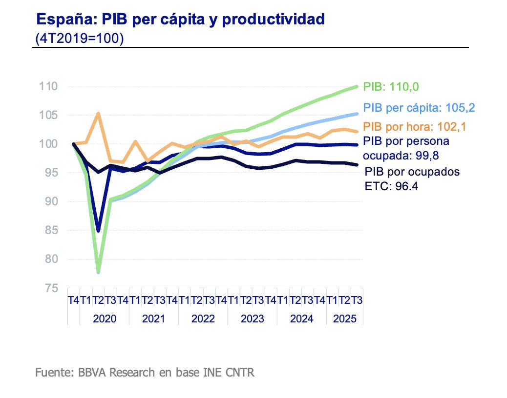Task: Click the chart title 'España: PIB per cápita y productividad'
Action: (181, 19)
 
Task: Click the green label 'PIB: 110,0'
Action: (392, 87)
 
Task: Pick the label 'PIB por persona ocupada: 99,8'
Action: (406, 147)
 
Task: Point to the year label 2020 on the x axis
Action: (105, 319)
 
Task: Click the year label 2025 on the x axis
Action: (344, 319)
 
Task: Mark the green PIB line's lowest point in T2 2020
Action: (98, 271)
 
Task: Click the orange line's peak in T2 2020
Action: (98, 114)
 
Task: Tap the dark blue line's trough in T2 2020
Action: (98, 230)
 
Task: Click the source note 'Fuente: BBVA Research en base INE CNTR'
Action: (145, 373)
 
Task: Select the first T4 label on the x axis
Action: (73, 300)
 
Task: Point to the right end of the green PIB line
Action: (357, 87)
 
